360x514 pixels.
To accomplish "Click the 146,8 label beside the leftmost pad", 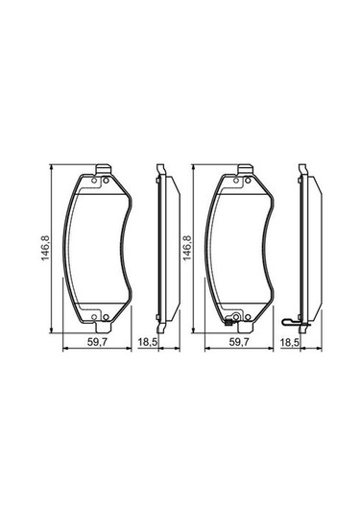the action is (x=45, y=248).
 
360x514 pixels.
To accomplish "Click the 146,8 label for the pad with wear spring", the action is (x=187, y=248).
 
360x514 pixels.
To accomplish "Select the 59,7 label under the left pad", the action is (x=97, y=342).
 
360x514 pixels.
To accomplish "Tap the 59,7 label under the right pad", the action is (x=239, y=342).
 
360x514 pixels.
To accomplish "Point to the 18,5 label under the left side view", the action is (x=148, y=342).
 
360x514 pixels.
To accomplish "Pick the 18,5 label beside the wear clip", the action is (x=290, y=342).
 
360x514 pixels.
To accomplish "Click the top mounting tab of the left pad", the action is (x=103, y=169).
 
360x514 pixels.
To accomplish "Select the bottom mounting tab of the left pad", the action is (x=103, y=328).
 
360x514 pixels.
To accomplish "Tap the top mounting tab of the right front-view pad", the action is (x=246, y=169).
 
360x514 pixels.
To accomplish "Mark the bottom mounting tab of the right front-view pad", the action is (x=246, y=328).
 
